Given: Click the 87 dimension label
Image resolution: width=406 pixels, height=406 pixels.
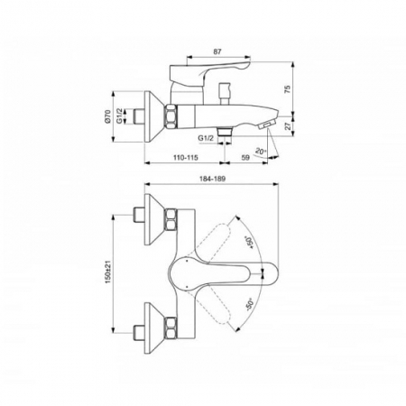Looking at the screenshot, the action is (x=217, y=51).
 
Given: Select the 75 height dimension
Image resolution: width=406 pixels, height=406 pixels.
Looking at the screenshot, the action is (x=288, y=89).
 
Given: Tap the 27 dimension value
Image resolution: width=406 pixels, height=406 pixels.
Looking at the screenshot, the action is (x=289, y=126).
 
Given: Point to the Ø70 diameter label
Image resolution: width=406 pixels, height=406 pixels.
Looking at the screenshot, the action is (x=107, y=116).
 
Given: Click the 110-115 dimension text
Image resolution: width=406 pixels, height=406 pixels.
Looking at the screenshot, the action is (x=185, y=157).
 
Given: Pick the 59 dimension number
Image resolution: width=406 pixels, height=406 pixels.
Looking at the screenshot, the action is (x=245, y=157).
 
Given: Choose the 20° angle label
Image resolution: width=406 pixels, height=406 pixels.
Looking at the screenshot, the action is (x=261, y=151).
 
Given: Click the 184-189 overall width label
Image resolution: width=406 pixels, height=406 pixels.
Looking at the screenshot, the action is (x=212, y=179).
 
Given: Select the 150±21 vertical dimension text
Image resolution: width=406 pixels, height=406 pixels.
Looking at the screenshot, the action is (x=108, y=272).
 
